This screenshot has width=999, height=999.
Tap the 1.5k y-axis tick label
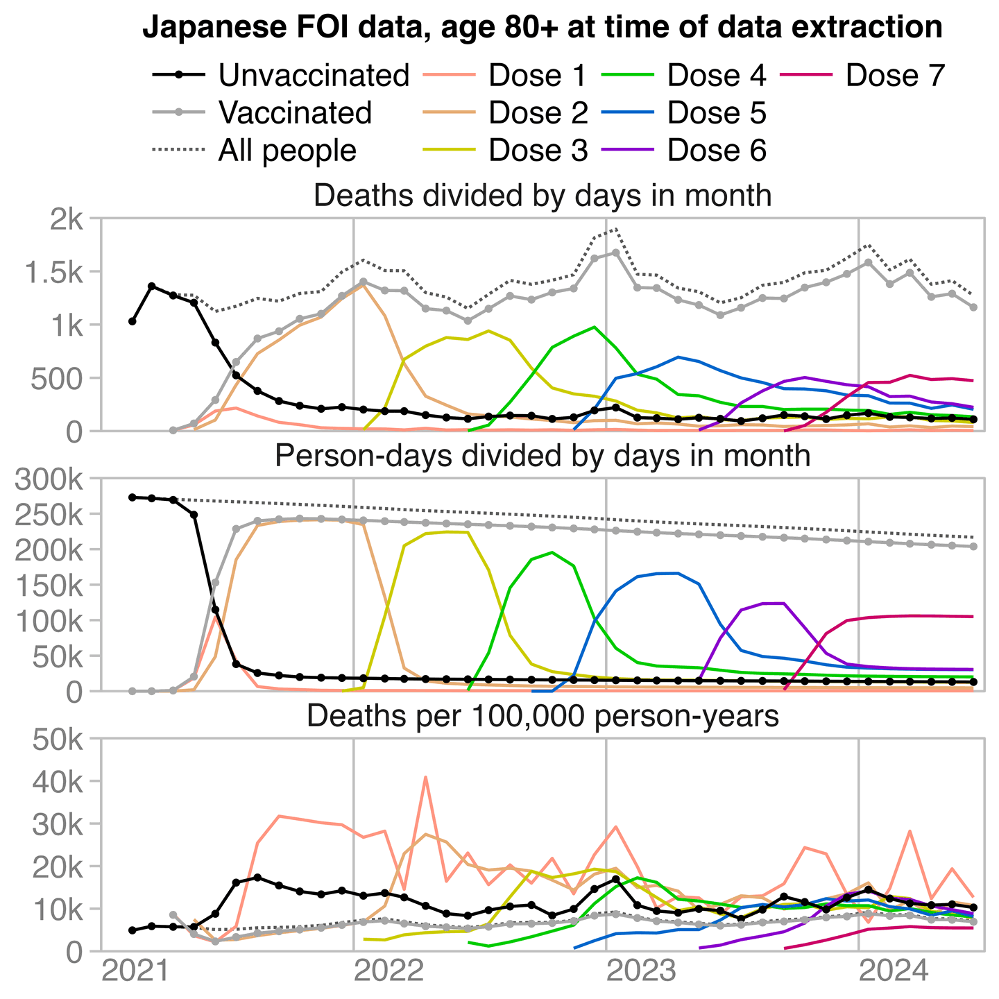[53, 273]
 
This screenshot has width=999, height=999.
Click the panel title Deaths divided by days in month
[543, 196]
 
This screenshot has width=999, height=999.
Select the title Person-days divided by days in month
[543, 456]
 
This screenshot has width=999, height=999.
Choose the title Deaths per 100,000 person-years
[543, 717]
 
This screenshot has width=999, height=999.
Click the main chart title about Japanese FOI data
[543, 28]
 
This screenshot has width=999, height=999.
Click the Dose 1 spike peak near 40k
[425, 777]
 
